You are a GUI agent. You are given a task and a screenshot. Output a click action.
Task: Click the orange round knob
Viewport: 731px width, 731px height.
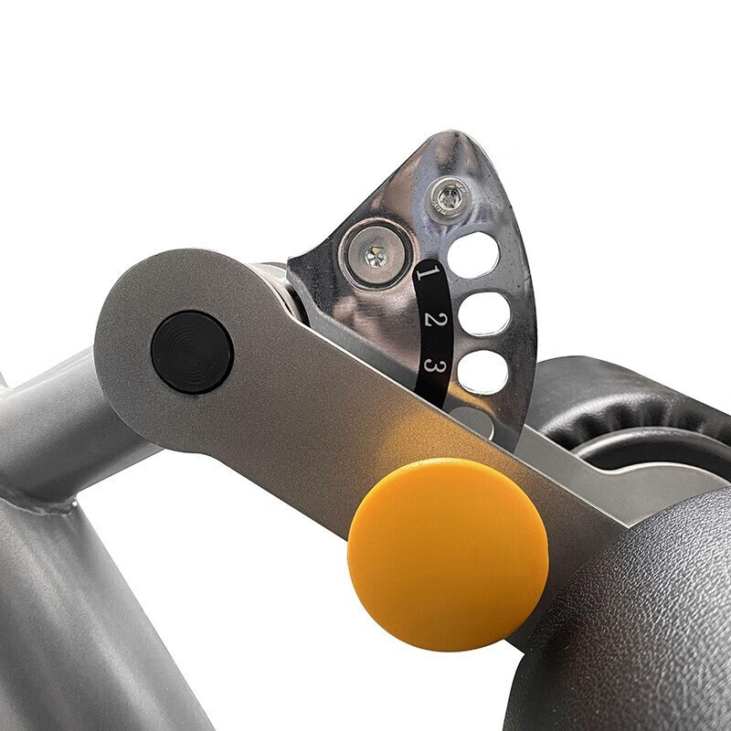click(x=448, y=555)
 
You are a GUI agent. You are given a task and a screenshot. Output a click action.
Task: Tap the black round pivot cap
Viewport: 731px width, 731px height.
click(x=192, y=353)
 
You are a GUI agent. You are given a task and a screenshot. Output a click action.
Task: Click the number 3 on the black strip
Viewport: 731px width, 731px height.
click(x=435, y=367)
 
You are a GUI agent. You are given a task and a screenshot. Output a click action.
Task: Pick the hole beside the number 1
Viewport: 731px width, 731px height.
click(x=473, y=255)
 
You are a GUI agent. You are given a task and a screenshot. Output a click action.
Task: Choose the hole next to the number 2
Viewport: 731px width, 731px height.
click(x=483, y=313)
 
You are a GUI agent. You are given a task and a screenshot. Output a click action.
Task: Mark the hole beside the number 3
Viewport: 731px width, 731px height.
click(x=483, y=372)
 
